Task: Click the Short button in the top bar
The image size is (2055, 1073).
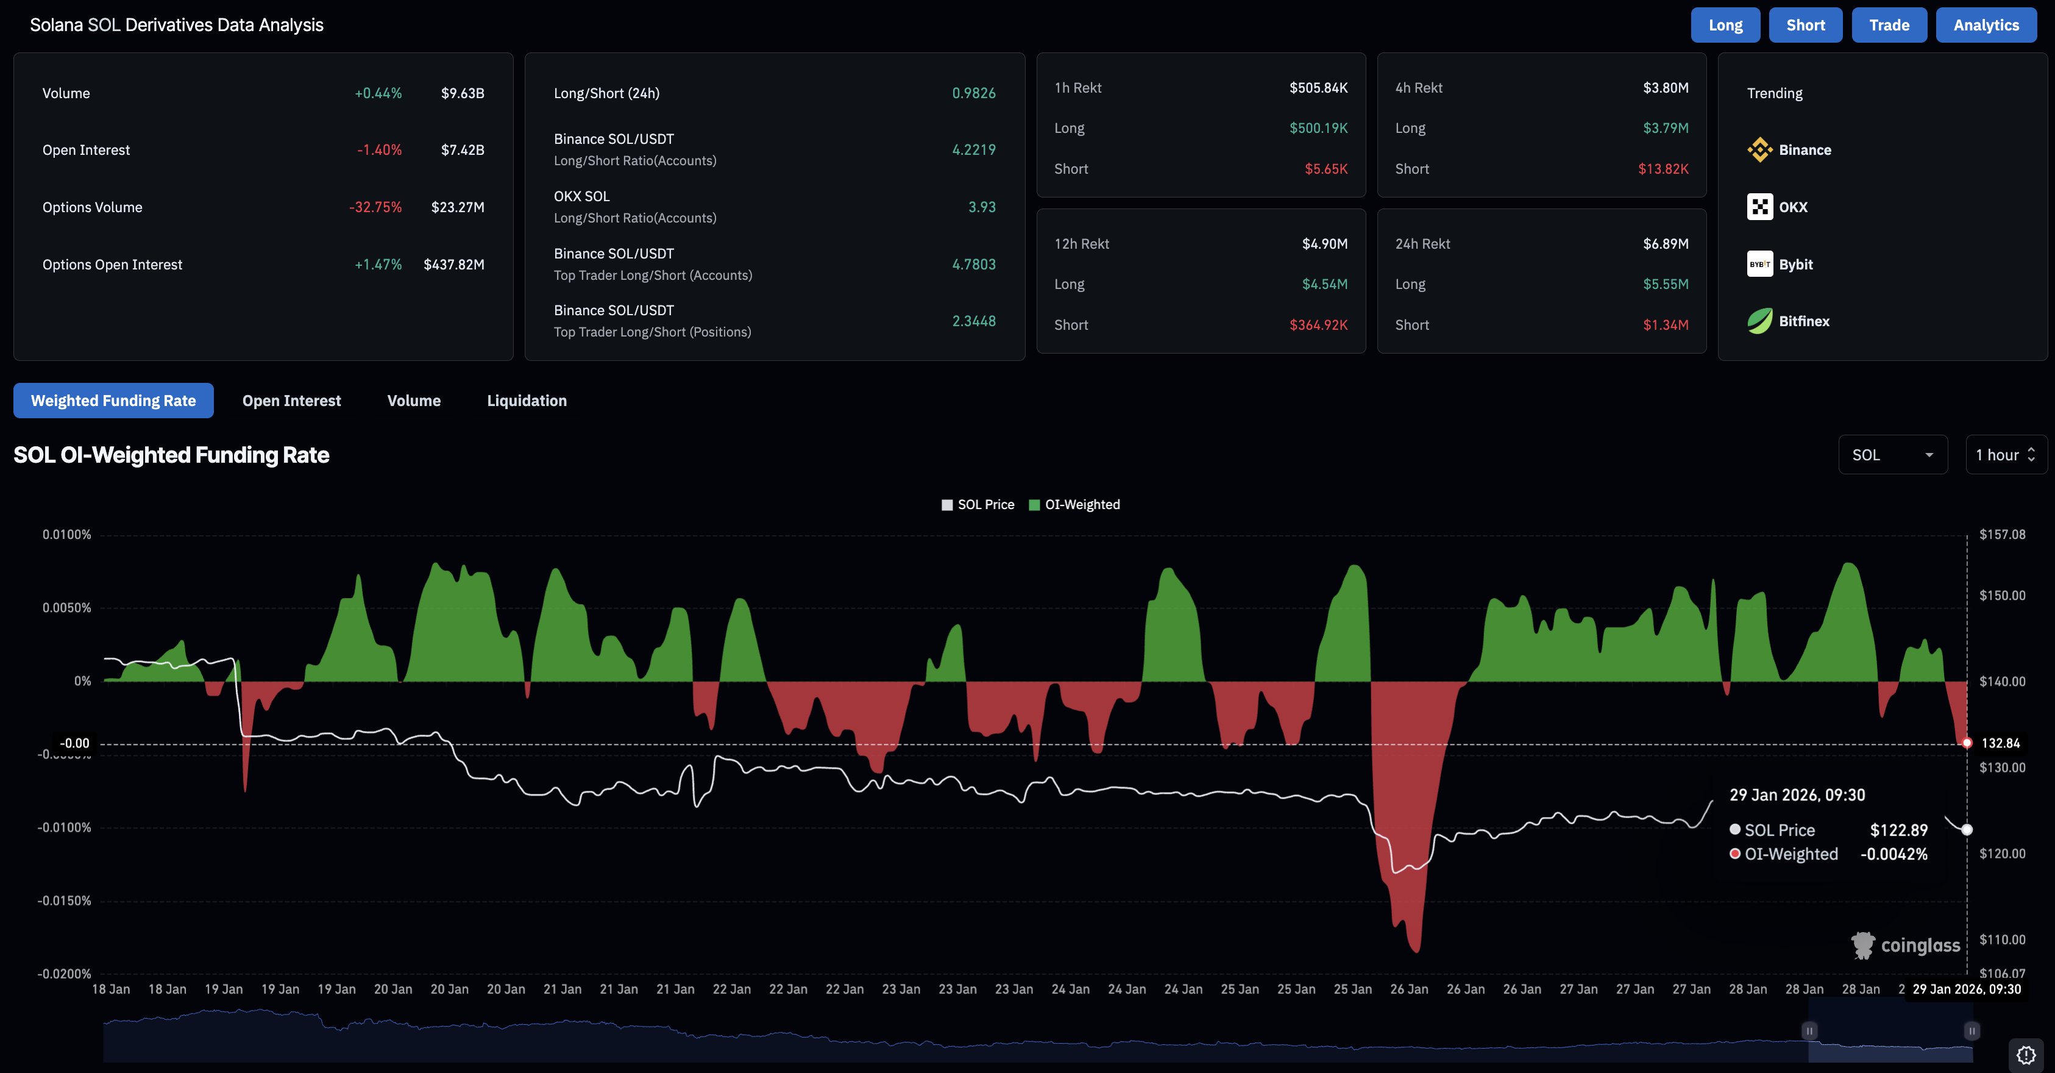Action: [x=1805, y=25]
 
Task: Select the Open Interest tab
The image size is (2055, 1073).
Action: [x=291, y=401]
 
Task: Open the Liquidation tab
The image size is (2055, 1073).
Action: [x=527, y=401]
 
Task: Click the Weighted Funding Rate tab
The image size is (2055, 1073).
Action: [x=113, y=401]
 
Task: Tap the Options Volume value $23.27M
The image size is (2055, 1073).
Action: [x=457, y=207]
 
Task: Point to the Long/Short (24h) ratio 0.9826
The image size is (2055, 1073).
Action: [x=973, y=93]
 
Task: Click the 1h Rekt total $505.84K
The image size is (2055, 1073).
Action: [x=1318, y=88]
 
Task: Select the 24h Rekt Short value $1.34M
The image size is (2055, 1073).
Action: [x=1665, y=325]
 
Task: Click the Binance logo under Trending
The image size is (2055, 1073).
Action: [x=1759, y=150]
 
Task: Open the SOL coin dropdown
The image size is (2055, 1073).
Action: [x=1892, y=455]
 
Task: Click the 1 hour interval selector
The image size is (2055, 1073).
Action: [x=2005, y=455]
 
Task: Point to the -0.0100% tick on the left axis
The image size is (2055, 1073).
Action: [x=64, y=827]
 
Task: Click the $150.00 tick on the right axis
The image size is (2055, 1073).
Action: [x=2001, y=595]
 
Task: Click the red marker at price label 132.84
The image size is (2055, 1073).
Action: [x=1967, y=743]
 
